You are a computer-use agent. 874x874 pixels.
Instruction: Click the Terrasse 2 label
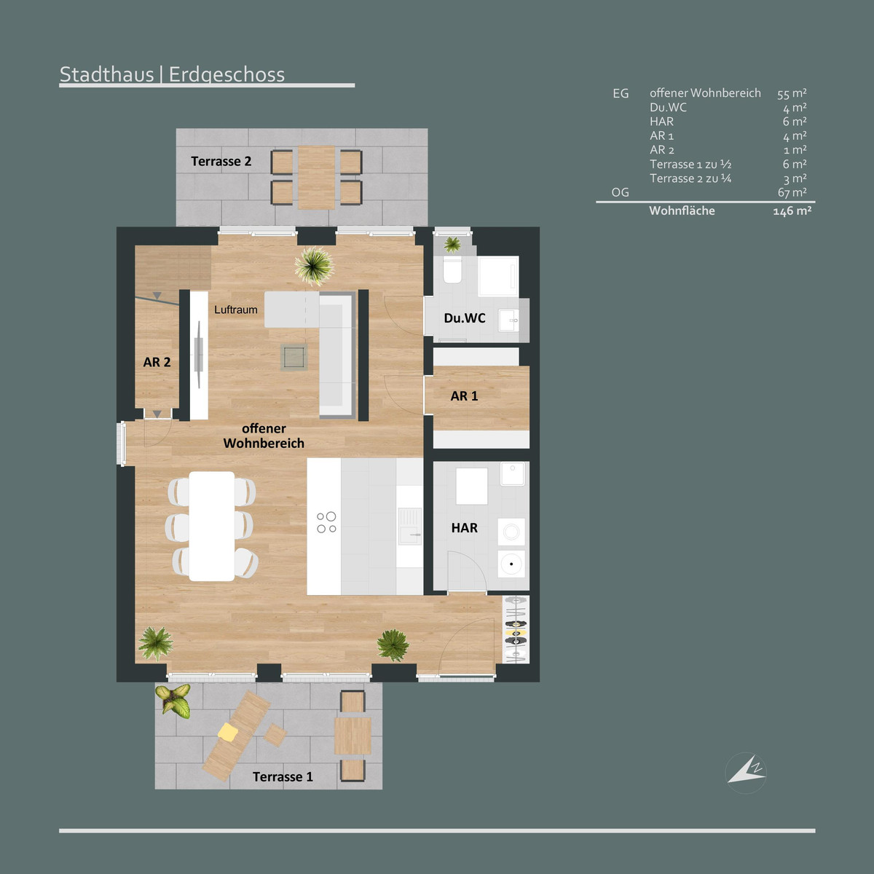221,162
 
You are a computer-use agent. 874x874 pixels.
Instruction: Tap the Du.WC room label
465,318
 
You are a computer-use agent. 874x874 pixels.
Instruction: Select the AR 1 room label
464,396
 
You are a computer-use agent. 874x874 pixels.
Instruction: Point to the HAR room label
465,527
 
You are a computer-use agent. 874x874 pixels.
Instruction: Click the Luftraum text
236,310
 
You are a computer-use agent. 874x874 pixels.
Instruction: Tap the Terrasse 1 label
283,777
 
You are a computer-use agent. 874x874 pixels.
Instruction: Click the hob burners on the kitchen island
326,522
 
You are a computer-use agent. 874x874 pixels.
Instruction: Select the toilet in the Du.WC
452,269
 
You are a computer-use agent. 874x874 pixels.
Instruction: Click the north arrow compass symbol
746,773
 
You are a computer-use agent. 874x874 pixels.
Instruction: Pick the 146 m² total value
792,211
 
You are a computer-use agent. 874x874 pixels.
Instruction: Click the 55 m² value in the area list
792,94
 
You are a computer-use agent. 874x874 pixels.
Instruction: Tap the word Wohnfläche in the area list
682,210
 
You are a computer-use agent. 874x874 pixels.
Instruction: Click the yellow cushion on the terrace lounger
228,731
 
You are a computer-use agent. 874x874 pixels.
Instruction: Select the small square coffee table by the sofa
294,357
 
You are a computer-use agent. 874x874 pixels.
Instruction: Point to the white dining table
212,526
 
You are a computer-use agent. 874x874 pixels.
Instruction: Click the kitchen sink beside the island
410,526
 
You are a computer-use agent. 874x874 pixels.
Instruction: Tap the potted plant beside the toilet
452,245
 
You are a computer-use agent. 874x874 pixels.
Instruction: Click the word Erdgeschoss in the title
227,74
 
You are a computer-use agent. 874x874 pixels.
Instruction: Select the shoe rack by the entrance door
516,629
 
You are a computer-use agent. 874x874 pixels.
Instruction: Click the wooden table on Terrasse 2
317,177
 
